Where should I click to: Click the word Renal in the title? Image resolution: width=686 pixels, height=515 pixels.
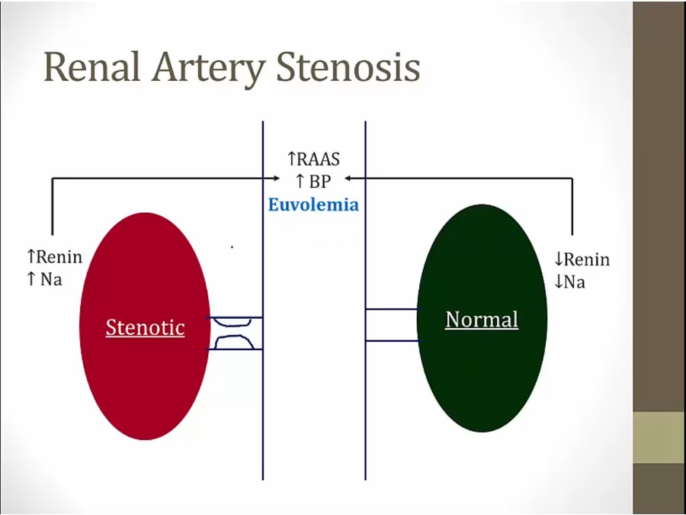click(x=91, y=67)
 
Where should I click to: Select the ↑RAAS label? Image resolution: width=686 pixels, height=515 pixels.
click(x=313, y=159)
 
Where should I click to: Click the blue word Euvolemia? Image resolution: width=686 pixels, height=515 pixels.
click(x=313, y=204)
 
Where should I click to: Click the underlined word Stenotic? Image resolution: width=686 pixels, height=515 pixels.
click(x=145, y=327)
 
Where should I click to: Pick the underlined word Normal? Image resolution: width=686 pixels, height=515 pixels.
click(x=482, y=319)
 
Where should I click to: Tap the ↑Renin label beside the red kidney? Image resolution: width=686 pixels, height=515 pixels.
click(x=54, y=257)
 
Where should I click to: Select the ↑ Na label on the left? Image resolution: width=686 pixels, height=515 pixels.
click(x=44, y=278)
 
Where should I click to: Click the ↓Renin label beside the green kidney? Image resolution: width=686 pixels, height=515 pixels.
click(x=582, y=260)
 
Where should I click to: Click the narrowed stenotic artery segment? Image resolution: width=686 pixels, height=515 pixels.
click(x=236, y=333)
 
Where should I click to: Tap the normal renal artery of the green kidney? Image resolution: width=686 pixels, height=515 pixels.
click(x=392, y=325)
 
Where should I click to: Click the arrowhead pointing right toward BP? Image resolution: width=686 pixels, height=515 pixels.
click(x=275, y=179)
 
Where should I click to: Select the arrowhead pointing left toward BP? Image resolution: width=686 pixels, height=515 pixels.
click(x=348, y=179)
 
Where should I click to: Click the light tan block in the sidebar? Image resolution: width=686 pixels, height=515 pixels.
click(x=659, y=437)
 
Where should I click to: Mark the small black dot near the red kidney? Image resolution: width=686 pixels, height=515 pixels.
click(x=232, y=247)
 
